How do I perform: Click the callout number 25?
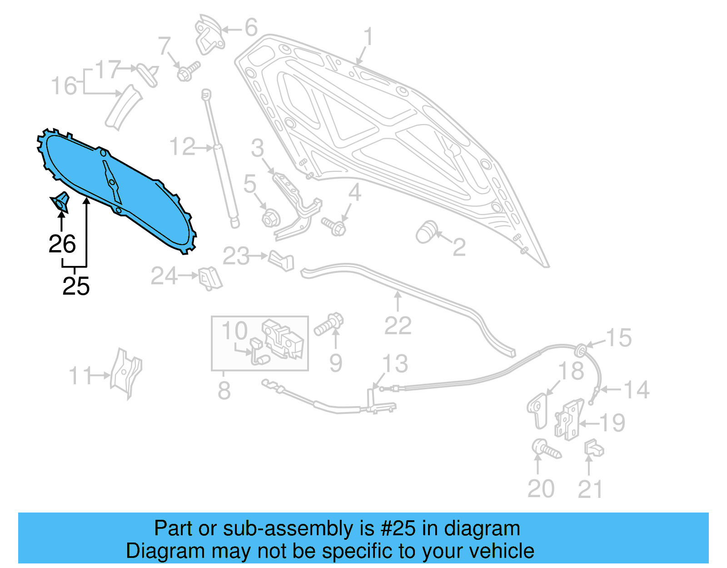point(76,286)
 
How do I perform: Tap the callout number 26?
point(62,244)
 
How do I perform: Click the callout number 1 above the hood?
point(368,37)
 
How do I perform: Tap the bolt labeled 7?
point(188,71)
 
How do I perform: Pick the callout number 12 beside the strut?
point(182,147)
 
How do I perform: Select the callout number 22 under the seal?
point(398,326)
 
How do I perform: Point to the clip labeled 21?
point(593,447)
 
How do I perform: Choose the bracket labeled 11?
point(126,373)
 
